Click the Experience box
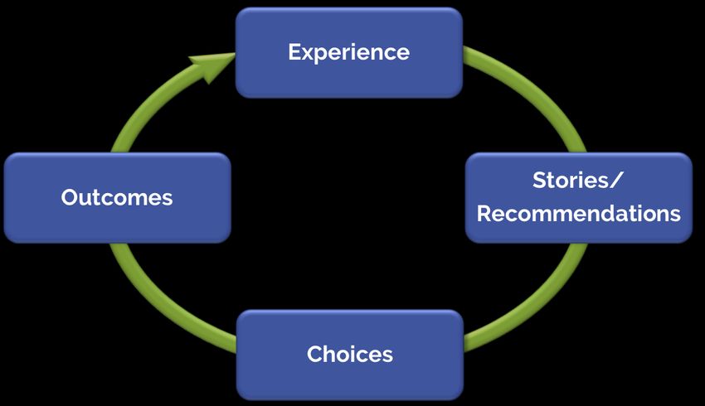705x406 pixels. pyautogui.click(x=349, y=52)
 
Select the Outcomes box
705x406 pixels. pyautogui.click(x=117, y=197)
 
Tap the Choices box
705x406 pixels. pyautogui.click(x=350, y=355)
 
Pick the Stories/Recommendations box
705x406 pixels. pyautogui.click(x=579, y=197)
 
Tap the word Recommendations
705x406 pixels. pyautogui.click(x=579, y=213)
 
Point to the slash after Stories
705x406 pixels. pyautogui.click(x=616, y=181)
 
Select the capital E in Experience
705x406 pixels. pyautogui.click(x=294, y=51)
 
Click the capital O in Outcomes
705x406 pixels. pyautogui.click(x=70, y=197)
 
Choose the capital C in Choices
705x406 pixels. pyautogui.click(x=315, y=354)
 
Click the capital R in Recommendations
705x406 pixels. pyautogui.click(x=484, y=214)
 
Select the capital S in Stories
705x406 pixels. pyautogui.click(x=540, y=180)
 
